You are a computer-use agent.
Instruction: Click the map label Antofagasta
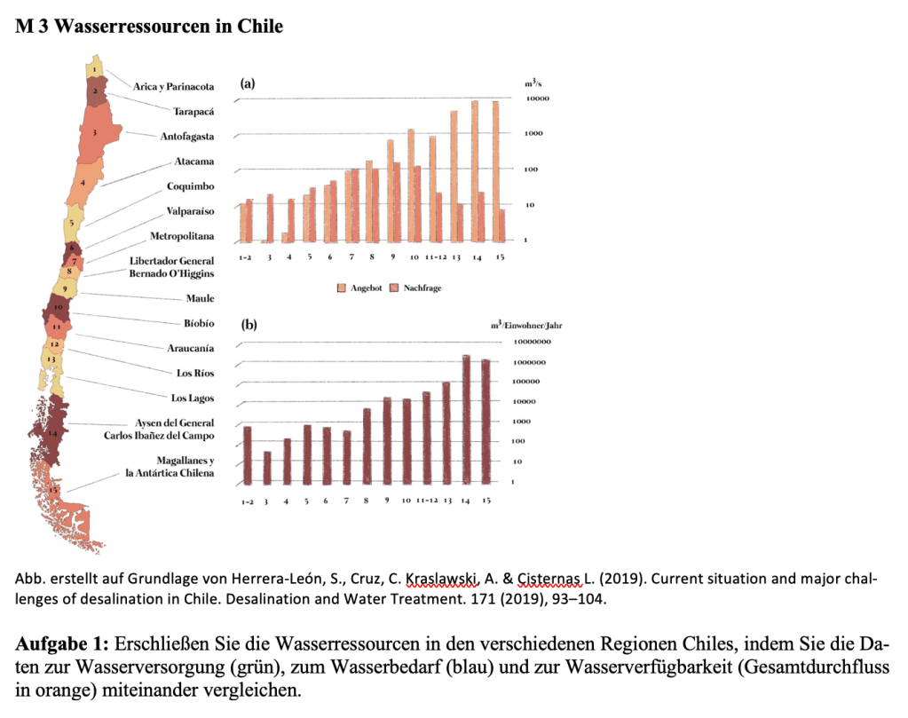point(186,137)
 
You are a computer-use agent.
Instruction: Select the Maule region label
point(200,298)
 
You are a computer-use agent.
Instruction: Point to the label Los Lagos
point(193,398)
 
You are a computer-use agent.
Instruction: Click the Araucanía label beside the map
point(191,348)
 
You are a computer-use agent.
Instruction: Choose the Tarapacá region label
point(193,112)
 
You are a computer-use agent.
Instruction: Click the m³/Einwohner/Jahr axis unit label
point(525,326)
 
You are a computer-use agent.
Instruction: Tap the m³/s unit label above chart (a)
point(534,83)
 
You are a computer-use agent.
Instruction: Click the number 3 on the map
point(94,131)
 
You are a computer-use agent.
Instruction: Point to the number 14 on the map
point(53,433)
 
